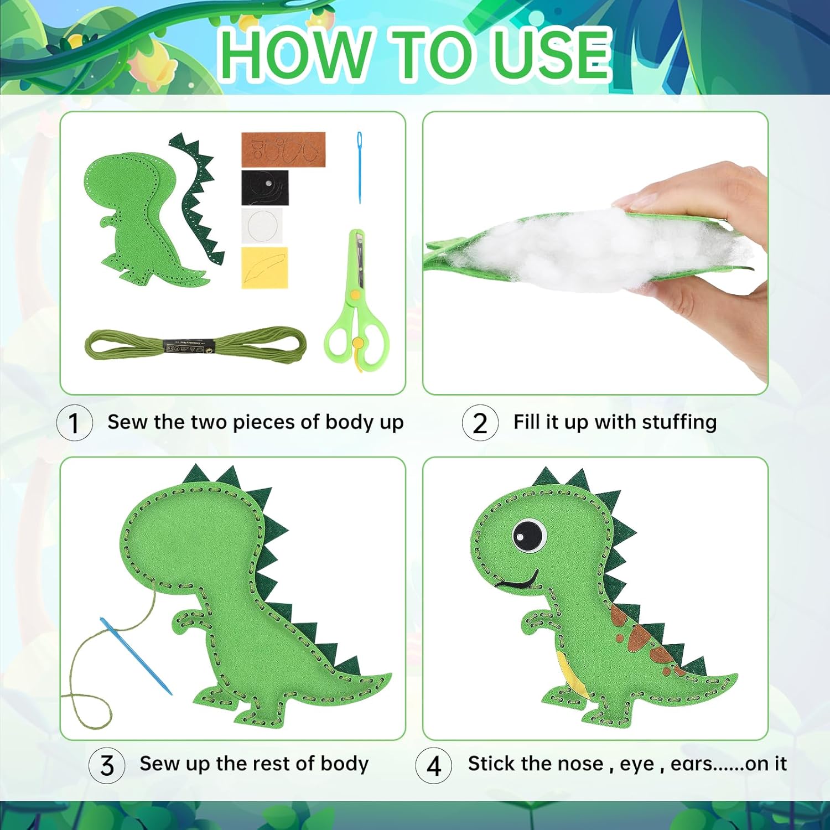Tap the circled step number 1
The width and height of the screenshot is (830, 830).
point(74,423)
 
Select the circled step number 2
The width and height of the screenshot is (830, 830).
point(480,423)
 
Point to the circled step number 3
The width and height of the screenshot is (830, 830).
point(107,765)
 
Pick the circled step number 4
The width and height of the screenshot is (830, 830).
point(434,766)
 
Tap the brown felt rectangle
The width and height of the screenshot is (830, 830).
point(283,149)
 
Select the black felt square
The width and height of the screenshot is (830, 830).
point(264,188)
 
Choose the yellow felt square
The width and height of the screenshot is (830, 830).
point(264,268)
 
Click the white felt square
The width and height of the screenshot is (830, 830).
point(262,226)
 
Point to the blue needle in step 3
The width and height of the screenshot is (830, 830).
point(136,656)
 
